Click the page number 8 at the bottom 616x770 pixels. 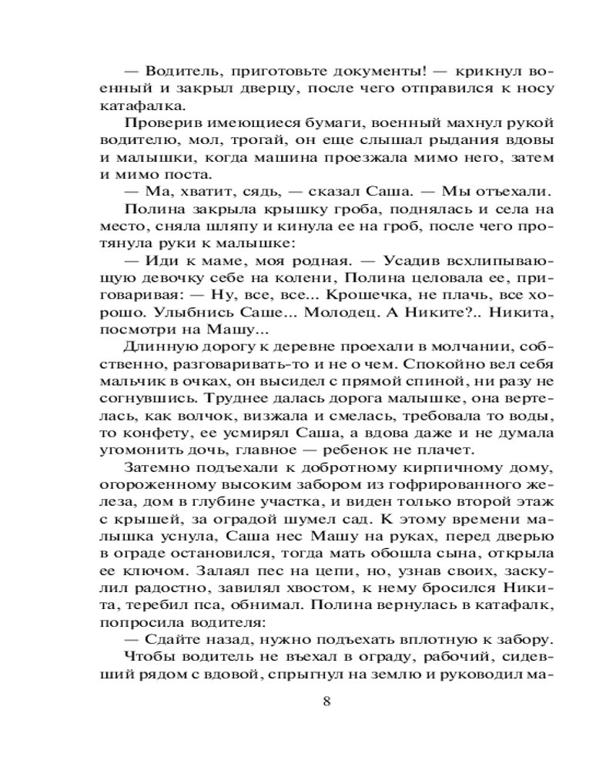pyautogui.click(x=327, y=701)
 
